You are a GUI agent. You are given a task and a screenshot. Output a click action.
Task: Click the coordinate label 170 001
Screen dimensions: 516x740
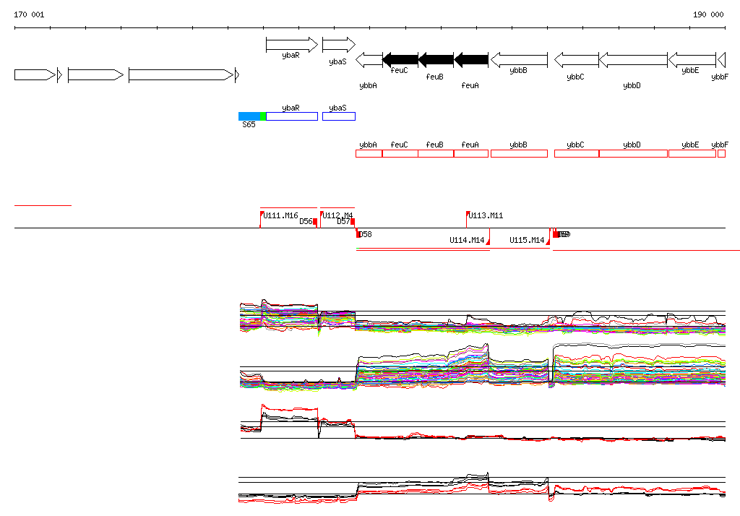tap(29, 14)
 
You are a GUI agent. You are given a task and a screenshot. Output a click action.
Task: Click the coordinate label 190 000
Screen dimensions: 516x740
tap(708, 14)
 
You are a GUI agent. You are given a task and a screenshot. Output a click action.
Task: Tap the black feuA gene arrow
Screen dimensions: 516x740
tap(471, 59)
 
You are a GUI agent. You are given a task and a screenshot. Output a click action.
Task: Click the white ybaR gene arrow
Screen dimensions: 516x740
tap(291, 45)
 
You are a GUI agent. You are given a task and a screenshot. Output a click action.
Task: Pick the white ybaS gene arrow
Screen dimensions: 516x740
tap(338, 45)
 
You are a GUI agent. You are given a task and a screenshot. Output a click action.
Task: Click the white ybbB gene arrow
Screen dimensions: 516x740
tap(518, 59)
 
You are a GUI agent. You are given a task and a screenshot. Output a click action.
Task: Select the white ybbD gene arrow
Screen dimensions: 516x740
tap(633, 59)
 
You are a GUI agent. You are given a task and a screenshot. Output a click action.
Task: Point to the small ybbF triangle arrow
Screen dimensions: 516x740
tap(720, 59)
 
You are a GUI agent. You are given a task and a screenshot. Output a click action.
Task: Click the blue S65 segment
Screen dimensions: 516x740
tap(249, 116)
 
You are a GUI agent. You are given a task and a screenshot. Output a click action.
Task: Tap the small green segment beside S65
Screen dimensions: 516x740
tap(263, 116)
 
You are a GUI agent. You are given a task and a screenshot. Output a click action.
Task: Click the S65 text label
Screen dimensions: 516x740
tap(249, 124)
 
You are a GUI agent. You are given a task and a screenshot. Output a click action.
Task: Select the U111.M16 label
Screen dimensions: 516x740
tap(280, 215)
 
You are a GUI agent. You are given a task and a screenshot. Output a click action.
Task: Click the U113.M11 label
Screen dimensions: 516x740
tap(486, 215)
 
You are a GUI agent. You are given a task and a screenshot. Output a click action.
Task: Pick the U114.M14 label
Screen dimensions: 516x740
tap(467, 240)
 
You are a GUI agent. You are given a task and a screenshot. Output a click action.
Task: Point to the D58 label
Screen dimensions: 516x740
tap(366, 234)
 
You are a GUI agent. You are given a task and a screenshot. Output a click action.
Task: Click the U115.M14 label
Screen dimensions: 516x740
tap(527, 240)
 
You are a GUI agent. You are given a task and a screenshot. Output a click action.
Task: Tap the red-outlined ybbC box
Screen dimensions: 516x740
tap(576, 153)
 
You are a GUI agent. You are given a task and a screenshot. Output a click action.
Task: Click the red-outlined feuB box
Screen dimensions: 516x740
tap(435, 153)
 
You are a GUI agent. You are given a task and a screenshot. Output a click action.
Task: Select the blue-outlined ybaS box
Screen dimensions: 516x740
tap(338, 116)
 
